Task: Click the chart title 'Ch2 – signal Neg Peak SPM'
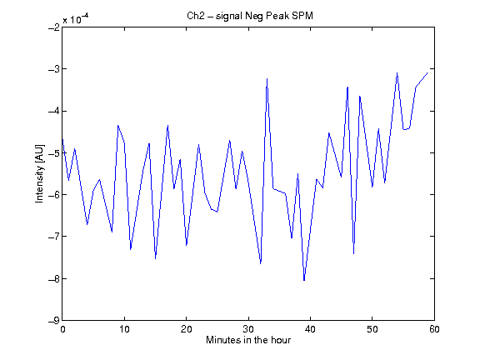[x=250, y=16]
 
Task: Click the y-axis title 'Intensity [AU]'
[x=40, y=173]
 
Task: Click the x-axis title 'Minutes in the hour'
[x=248, y=340]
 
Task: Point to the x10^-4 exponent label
[x=75, y=18]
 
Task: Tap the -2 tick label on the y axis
[x=54, y=27]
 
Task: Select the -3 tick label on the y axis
[x=54, y=69]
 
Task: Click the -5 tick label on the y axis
[x=54, y=152]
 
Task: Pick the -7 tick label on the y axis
[x=54, y=237]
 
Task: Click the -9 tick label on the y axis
[x=54, y=321]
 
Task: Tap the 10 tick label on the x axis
[x=125, y=329]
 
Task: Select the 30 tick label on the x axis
[x=248, y=329]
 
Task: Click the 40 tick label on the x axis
[x=310, y=329]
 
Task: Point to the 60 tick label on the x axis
[x=434, y=329]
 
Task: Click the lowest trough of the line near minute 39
[x=304, y=280]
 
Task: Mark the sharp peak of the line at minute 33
[x=267, y=78]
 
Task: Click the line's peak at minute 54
[x=397, y=72]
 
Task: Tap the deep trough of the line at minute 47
[x=353, y=253]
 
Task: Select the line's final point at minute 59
[x=427, y=72]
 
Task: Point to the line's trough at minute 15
[x=156, y=258]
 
